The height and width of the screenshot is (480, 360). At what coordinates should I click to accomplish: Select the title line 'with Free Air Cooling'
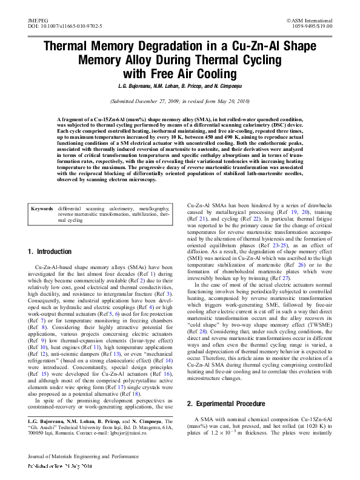(x=180, y=74)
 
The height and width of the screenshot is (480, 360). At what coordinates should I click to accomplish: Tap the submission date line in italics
(x=180, y=101)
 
